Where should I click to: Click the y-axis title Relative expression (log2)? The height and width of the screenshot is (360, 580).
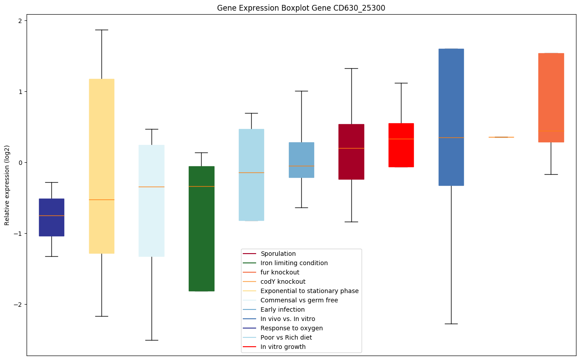tap(7, 185)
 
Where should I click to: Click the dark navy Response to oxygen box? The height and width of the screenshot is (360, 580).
tap(51, 217)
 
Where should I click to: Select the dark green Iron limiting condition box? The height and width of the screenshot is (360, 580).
tap(202, 228)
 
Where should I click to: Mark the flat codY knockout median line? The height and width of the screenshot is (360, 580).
tap(501, 137)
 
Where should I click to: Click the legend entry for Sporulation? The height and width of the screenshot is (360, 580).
tap(278, 254)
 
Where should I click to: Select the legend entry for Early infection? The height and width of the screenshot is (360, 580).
tap(282, 309)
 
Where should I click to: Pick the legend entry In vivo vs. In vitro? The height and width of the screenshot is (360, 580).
tap(288, 319)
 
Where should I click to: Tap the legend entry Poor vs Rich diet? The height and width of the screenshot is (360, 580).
tap(286, 337)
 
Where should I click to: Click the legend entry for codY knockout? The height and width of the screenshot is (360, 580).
tap(283, 282)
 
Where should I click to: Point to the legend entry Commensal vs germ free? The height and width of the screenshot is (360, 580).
tap(299, 300)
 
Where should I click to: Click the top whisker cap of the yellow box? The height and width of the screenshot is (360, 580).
tap(101, 30)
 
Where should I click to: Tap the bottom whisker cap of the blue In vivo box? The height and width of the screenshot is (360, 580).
tap(451, 324)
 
